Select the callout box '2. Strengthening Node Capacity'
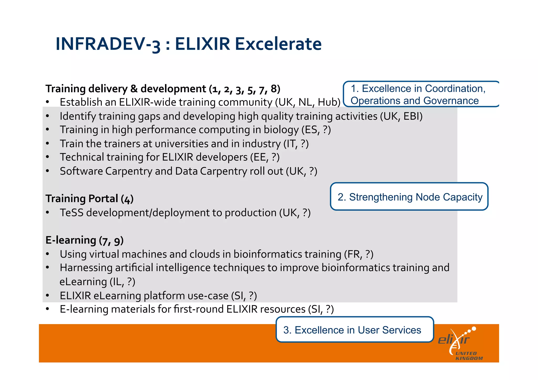[409, 197]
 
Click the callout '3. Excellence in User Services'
[354, 330]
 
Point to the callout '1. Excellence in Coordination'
[421, 94]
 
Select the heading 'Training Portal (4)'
[89, 199]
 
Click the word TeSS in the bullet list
[71, 212]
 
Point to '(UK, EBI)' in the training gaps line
[401, 116]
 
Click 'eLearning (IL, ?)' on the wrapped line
[97, 282]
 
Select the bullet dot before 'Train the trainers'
[48, 144]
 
